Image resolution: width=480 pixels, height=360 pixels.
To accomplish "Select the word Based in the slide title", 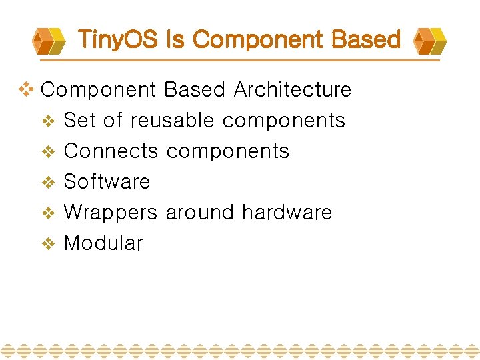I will click(367, 40).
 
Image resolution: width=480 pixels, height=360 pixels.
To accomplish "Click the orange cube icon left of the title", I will click(49, 41).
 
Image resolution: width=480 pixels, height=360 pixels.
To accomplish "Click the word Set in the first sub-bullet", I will click(80, 121).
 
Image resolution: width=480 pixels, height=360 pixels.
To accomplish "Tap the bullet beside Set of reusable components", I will click(48, 121).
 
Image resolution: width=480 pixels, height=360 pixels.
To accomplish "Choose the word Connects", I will click(111, 151).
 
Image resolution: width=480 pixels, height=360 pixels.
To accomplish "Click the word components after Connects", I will click(227, 152).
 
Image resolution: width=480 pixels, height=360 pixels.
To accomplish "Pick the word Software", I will click(107, 181).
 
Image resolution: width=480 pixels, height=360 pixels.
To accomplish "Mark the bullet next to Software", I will click(48, 183).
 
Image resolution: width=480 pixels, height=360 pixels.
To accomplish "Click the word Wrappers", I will click(111, 213).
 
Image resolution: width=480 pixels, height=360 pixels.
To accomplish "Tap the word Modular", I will click(103, 243).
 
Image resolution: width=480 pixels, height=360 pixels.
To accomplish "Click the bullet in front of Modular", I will click(48, 244).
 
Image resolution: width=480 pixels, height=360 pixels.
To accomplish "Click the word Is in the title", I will click(175, 40).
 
